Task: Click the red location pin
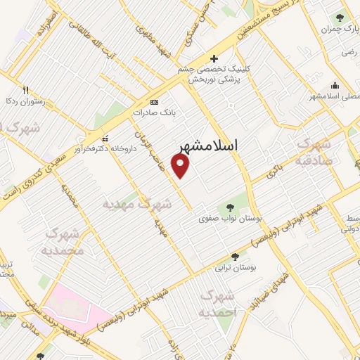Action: [181, 165]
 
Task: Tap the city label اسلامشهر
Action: [208, 146]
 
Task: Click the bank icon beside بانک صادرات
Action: [155, 102]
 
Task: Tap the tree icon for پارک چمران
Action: [341, 17]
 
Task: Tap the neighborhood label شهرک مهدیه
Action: [137, 205]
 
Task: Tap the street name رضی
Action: [347, 52]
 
